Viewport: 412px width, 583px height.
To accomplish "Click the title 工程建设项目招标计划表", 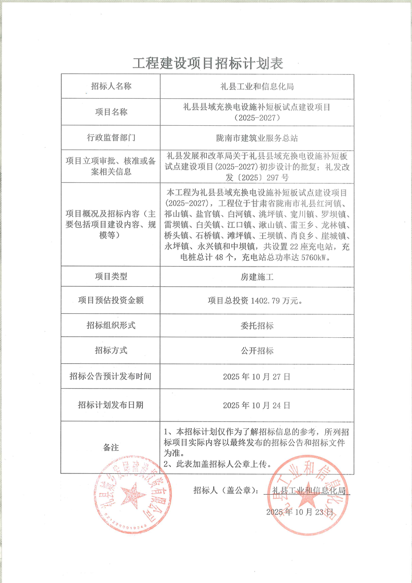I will [208, 63].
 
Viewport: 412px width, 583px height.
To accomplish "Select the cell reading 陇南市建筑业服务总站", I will [257, 138].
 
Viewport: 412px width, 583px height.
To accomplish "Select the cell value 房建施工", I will [258, 277].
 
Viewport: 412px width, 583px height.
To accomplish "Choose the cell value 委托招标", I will [258, 325].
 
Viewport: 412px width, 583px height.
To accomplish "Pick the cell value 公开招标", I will [258, 350].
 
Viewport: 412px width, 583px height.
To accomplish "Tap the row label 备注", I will [111, 447].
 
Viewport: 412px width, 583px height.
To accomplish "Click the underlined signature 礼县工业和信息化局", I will [308, 490].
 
